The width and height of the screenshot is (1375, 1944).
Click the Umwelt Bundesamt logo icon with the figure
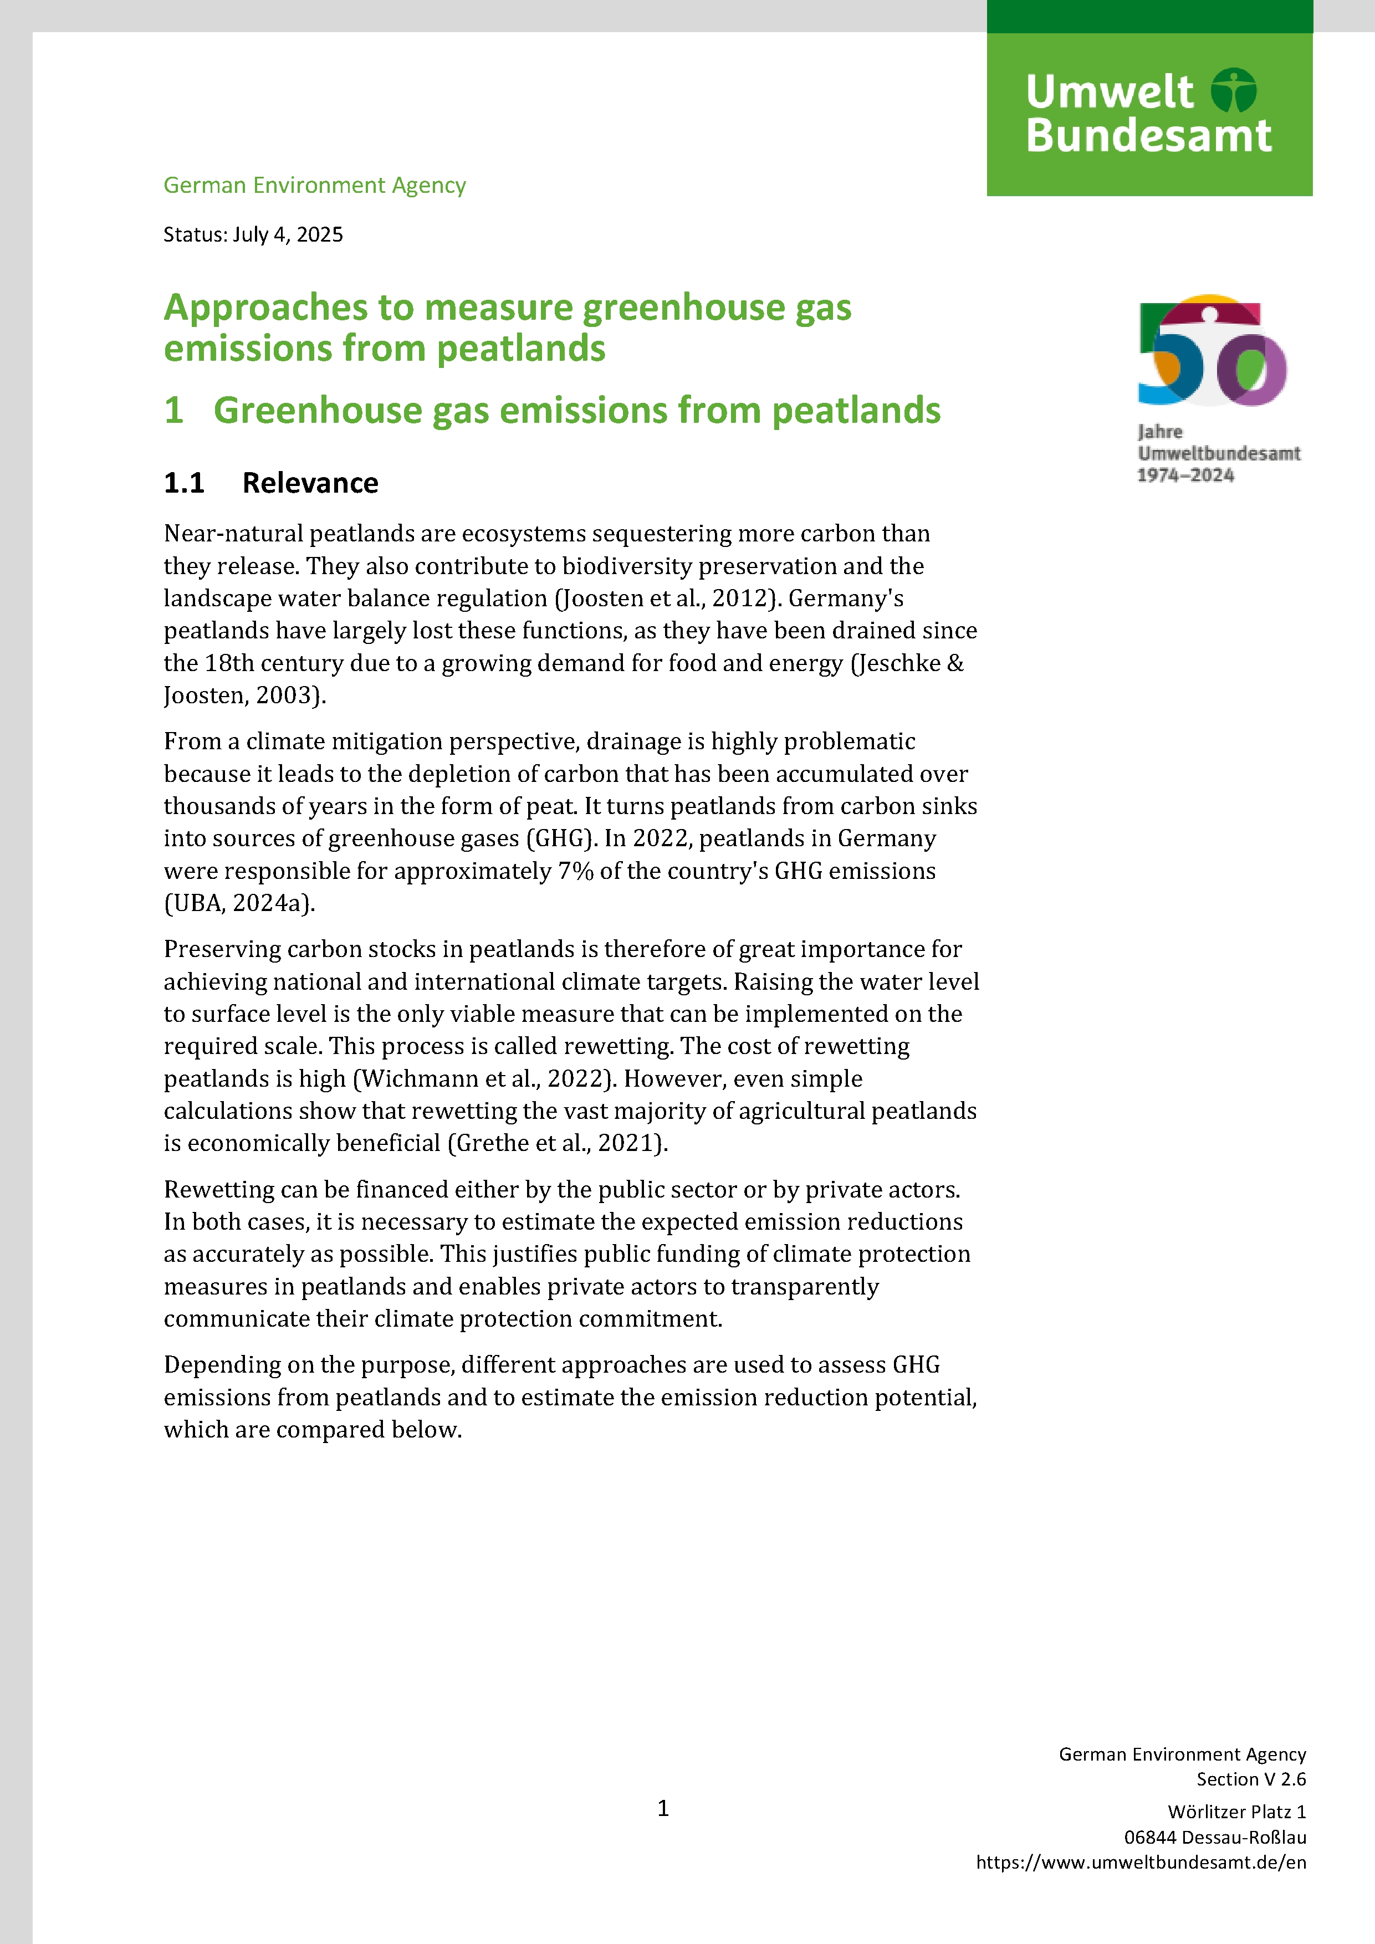pyautogui.click(x=1234, y=90)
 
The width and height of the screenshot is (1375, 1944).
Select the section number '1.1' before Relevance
pyautogui.click(x=184, y=483)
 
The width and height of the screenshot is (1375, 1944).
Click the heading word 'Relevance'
pyautogui.click(x=310, y=483)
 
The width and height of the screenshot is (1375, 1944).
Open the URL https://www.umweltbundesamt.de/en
pyautogui.click(x=1141, y=1862)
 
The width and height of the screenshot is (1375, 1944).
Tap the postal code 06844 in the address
pyautogui.click(x=1150, y=1837)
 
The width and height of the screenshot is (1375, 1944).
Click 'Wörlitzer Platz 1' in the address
pyautogui.click(x=1236, y=1812)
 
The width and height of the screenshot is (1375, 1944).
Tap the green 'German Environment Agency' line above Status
pyautogui.click(x=314, y=186)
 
